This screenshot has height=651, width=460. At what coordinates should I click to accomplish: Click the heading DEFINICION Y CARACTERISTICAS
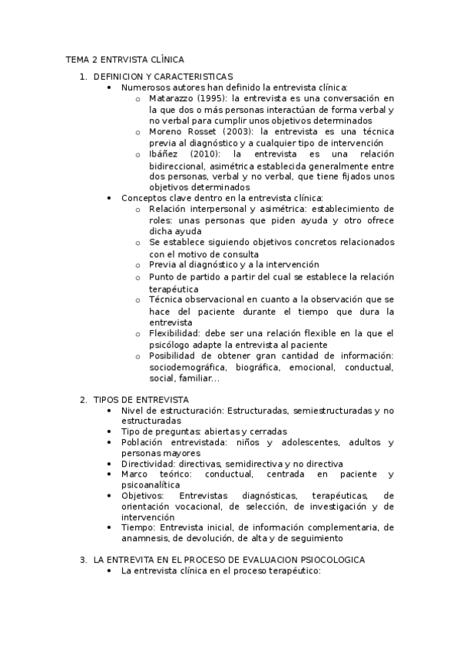pyautogui.click(x=163, y=77)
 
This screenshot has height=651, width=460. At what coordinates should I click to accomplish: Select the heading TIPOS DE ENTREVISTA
pyautogui.click(x=141, y=400)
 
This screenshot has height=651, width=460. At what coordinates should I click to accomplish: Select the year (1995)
pyautogui.click(x=212, y=99)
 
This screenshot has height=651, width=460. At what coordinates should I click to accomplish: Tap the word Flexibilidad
pyautogui.click(x=174, y=333)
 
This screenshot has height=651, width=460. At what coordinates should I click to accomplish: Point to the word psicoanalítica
pyautogui.click(x=151, y=485)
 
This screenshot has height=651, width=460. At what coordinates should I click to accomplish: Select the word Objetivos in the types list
pyautogui.click(x=142, y=496)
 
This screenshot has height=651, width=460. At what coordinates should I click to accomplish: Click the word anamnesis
pyautogui.click(x=147, y=540)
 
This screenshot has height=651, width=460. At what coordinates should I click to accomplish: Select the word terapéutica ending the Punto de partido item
pyautogui.click(x=174, y=289)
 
